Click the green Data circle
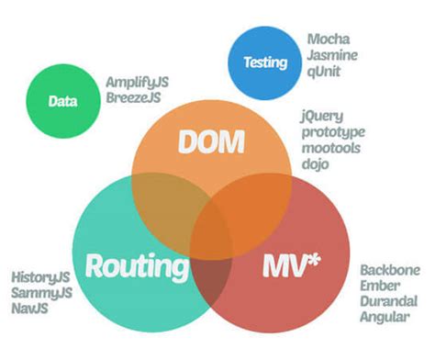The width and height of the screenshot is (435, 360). pyautogui.click(x=61, y=101)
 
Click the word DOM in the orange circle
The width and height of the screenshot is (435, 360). pyautogui.click(x=212, y=142)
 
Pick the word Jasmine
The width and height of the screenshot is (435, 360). pyautogui.click(x=335, y=55)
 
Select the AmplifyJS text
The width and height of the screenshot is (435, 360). pyautogui.click(x=138, y=82)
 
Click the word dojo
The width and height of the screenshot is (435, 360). pyautogui.click(x=315, y=165)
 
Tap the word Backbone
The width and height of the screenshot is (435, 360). pyautogui.click(x=389, y=269)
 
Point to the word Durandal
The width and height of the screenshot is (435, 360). pyautogui.click(x=388, y=302)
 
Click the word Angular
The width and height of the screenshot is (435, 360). pyautogui.click(x=384, y=319)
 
